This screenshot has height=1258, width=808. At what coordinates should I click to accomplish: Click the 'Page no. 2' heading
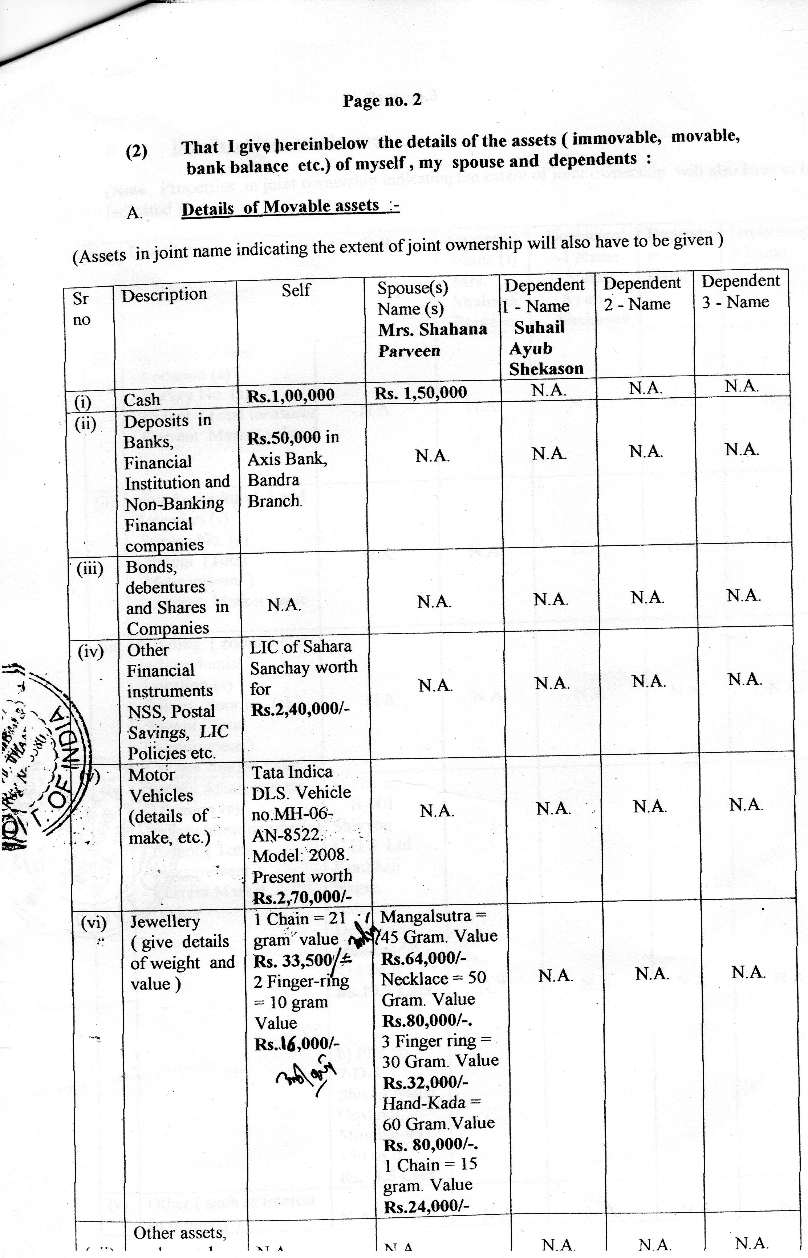(382, 100)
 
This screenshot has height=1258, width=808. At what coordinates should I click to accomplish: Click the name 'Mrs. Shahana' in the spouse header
(433, 330)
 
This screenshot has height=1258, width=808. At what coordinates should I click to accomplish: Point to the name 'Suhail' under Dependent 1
(539, 328)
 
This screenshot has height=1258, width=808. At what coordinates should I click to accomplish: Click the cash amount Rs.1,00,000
(291, 395)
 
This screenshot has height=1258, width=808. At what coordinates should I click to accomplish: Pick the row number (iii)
(90, 569)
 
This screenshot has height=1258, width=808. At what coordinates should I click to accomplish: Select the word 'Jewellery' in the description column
(165, 922)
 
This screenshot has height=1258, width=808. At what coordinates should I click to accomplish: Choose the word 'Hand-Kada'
(423, 1103)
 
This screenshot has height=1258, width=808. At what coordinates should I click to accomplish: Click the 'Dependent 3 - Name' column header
(740, 291)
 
